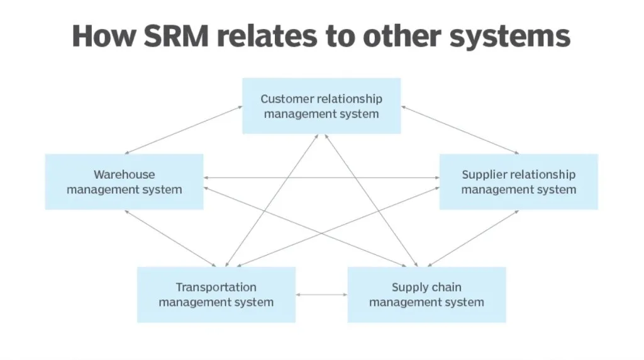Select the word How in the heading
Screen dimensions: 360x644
(x=104, y=36)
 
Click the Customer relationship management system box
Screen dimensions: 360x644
(x=321, y=106)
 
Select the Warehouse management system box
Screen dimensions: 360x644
(x=124, y=181)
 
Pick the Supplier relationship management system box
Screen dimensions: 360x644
(x=518, y=181)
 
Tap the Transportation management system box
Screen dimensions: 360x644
(x=216, y=295)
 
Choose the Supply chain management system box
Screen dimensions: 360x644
(x=426, y=295)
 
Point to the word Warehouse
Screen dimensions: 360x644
(x=124, y=174)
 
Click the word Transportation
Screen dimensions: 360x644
(x=216, y=288)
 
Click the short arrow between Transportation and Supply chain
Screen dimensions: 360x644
(x=321, y=295)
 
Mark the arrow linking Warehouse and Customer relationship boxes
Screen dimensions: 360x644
(x=184, y=130)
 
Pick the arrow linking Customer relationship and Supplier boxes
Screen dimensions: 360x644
(x=460, y=130)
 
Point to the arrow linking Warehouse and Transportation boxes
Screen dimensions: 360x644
(x=170, y=238)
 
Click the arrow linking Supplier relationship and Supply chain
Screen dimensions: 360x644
(x=473, y=238)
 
